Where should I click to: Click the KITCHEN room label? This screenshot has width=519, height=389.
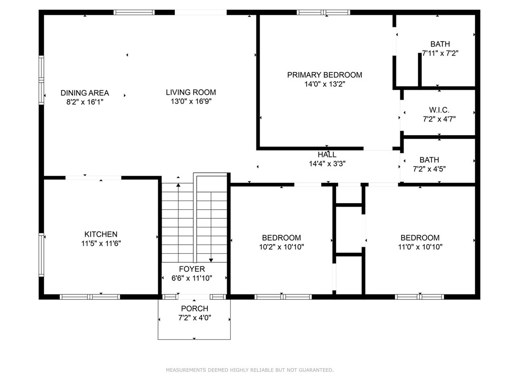(x=101, y=234)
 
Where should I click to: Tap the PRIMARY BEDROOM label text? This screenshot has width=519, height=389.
(x=324, y=75)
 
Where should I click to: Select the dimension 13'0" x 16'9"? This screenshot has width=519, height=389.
(x=191, y=101)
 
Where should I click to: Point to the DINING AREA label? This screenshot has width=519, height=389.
(x=85, y=93)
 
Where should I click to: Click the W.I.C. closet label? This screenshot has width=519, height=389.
(x=439, y=110)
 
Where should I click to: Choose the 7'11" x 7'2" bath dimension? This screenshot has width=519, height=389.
(x=440, y=53)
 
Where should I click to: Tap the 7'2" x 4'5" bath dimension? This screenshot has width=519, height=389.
(x=429, y=169)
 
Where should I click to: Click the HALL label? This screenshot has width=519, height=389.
(x=327, y=154)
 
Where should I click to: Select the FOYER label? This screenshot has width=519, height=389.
(x=192, y=269)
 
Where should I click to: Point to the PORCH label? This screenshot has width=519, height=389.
(x=195, y=308)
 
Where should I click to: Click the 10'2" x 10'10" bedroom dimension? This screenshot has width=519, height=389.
(x=281, y=247)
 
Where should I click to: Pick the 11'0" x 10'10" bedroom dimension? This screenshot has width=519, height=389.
(x=420, y=247)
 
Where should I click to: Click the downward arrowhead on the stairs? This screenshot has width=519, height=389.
(x=211, y=260)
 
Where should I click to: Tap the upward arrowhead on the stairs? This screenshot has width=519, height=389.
(x=178, y=185)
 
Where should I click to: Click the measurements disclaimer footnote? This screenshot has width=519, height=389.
(x=249, y=370)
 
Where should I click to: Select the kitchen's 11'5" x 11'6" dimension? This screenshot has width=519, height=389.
(x=101, y=244)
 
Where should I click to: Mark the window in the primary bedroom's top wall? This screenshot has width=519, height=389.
(x=323, y=13)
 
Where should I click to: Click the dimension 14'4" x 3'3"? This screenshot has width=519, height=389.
(x=327, y=164)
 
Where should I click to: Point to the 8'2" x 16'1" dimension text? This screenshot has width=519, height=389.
(x=85, y=102)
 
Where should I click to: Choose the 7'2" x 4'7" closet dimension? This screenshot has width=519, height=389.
(x=439, y=119)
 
